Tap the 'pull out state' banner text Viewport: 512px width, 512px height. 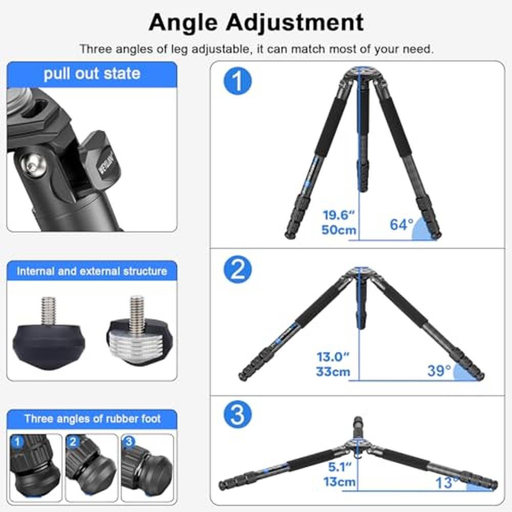pos(92,73)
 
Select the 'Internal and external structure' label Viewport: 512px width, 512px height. pos(92,271)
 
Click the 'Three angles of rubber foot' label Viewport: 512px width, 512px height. pos(92,419)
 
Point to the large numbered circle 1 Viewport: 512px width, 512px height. pos(238,81)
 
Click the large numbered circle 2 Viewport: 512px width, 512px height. pos(238,269)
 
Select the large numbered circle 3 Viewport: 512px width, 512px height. pos(238,414)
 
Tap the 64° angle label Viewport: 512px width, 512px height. pos(401,225)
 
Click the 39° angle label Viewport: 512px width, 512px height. pos(439,371)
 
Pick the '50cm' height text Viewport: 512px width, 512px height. pos(338,230)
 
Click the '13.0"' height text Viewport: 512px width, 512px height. pos(333,357)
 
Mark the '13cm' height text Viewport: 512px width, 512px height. pos(339,482)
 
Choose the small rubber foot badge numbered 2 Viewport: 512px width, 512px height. pos(73,442)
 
